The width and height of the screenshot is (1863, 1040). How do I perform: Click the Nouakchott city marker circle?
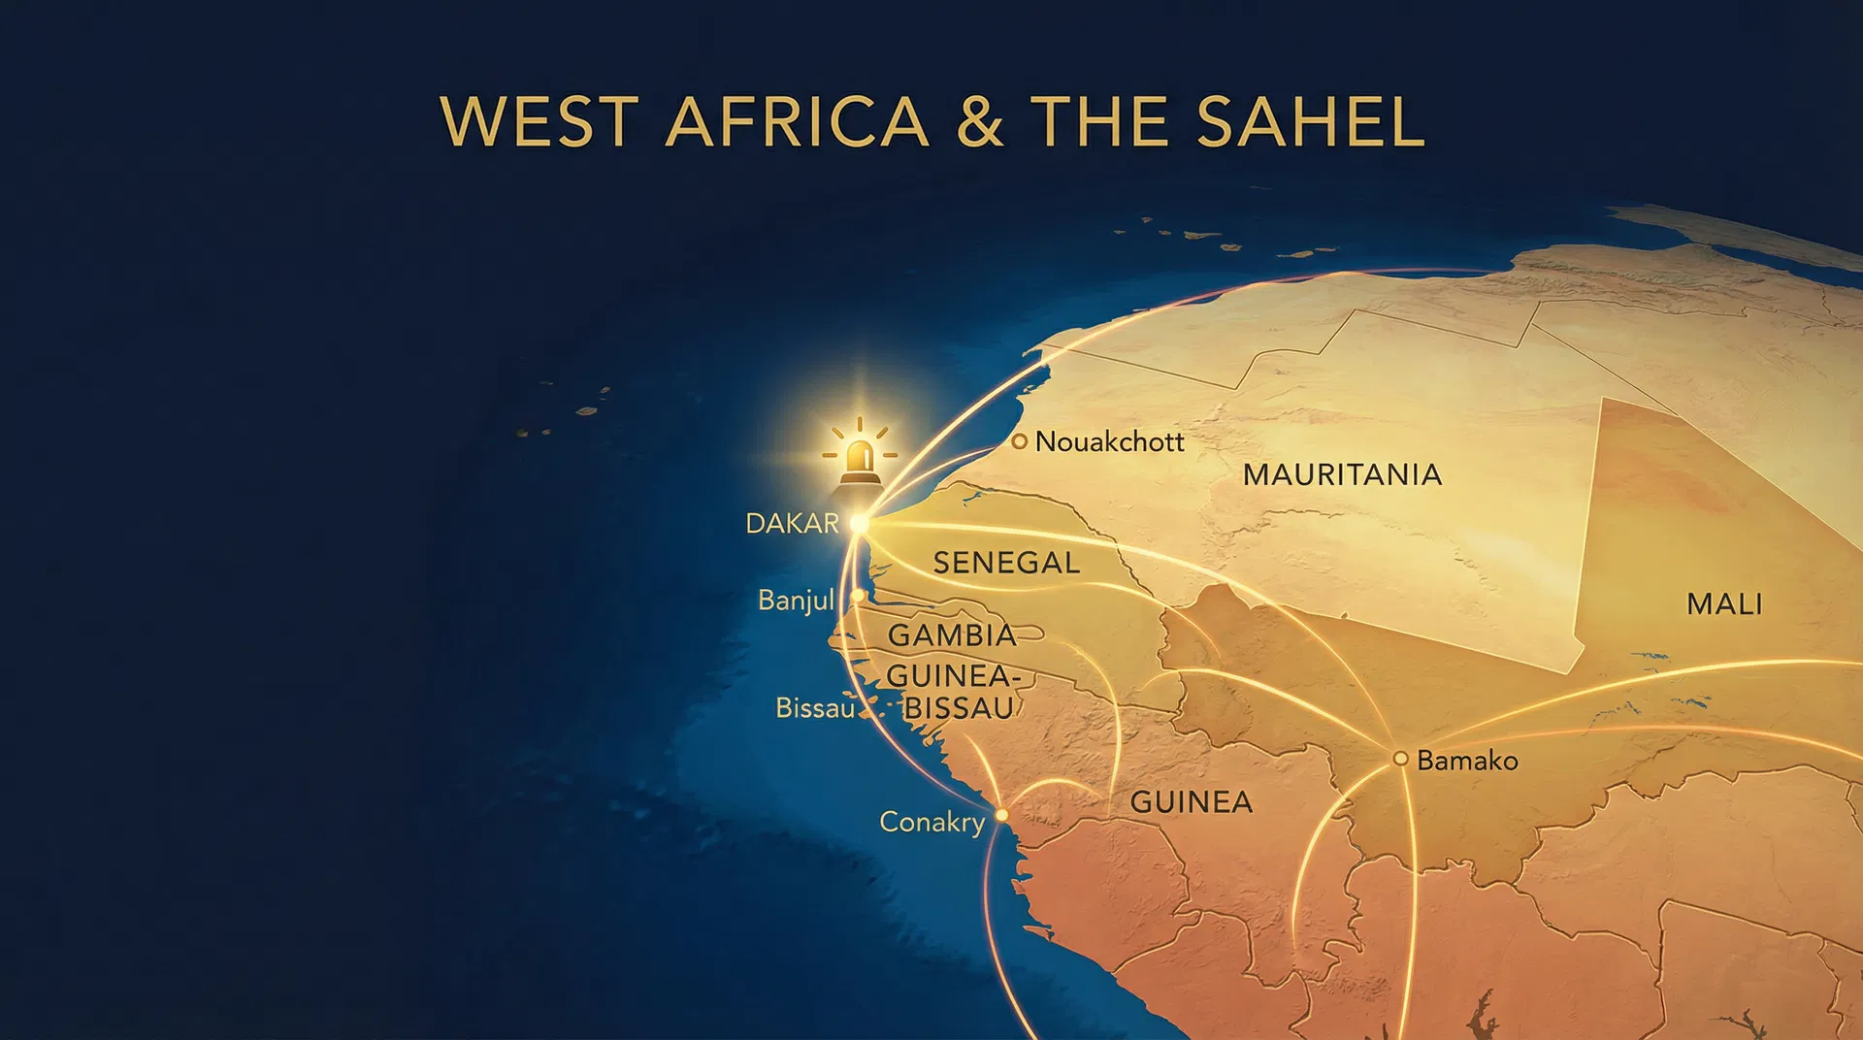(x=1019, y=441)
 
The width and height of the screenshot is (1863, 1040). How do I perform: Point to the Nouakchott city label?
(x=1109, y=442)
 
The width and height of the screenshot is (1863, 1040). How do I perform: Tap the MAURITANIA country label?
(x=1342, y=474)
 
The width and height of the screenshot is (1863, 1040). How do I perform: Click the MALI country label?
(x=1724, y=604)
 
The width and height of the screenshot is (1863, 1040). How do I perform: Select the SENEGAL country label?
(x=1006, y=563)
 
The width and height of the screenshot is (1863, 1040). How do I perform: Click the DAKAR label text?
(x=792, y=524)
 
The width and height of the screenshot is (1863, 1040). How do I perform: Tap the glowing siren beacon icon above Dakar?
(x=860, y=455)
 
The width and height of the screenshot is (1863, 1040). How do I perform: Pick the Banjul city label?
(x=796, y=601)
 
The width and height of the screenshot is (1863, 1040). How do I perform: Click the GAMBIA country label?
(x=952, y=635)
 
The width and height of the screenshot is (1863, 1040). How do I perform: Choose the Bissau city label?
(x=815, y=708)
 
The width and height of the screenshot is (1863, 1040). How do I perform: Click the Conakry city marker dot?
(x=1001, y=815)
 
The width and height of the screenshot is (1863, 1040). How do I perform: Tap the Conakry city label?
(x=931, y=823)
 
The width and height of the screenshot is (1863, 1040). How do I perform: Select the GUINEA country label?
(x=1191, y=802)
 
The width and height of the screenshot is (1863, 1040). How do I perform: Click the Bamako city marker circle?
(x=1400, y=759)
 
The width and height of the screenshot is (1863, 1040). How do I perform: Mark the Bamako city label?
(x=1467, y=761)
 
